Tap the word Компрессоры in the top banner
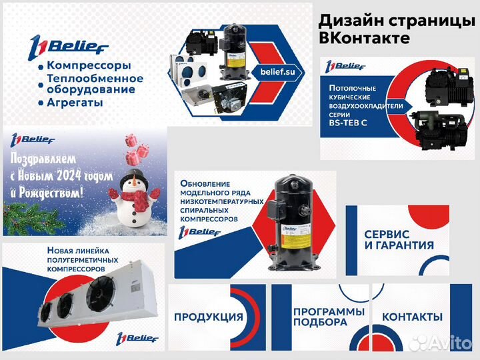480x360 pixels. [x=89, y=66]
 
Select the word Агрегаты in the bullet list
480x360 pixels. [x=75, y=103]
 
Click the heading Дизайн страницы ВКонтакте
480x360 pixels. [x=396, y=29]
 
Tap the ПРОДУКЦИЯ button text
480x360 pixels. [x=208, y=316]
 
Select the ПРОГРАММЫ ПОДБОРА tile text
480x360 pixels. [x=319, y=317]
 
